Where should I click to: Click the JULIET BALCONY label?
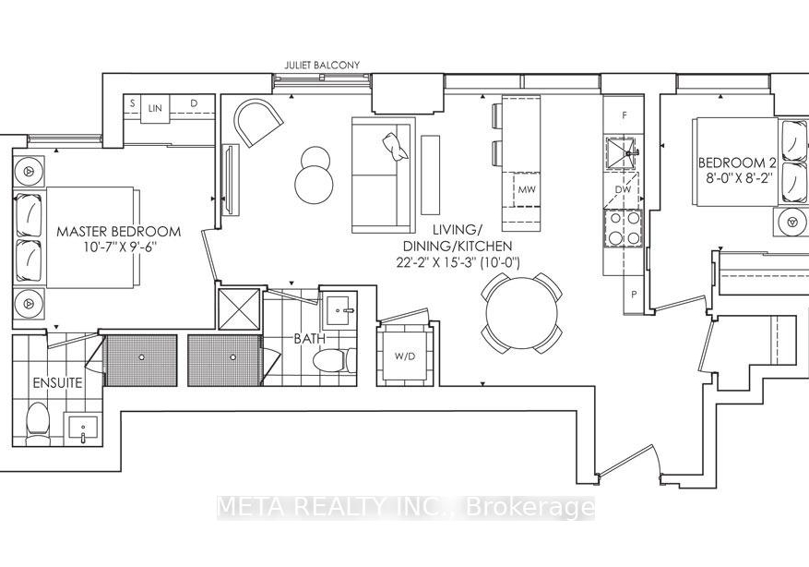pos(322,65)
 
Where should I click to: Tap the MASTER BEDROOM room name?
pos(119,232)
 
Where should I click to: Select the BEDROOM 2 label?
pos(737,163)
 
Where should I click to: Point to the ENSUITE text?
pos(57,382)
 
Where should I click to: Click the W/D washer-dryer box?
pos(405,356)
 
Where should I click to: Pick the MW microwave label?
pos(527,189)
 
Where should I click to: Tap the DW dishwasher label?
pos(624,189)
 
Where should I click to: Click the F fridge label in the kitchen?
pos(625,115)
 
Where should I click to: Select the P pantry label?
pos(634,295)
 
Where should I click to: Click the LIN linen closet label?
pos(155,108)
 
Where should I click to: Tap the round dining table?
pos(521,312)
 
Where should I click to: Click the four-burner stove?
pos(624,228)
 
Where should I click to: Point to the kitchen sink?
pos(623,153)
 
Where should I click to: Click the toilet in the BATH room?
pos(334,359)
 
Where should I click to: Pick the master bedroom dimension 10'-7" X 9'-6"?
pos(119,247)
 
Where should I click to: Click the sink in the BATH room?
pos(341,310)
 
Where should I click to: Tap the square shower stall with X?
pos(239,308)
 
